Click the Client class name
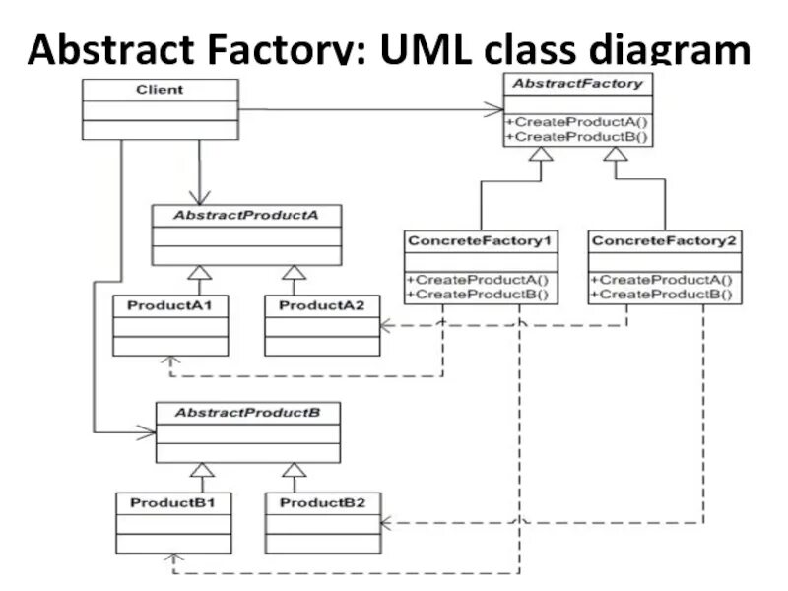pyautogui.click(x=160, y=90)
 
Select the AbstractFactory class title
pyautogui.click(x=577, y=84)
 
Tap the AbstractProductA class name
pyautogui.click(x=245, y=215)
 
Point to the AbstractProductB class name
pyautogui.click(x=247, y=413)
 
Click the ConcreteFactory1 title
pyautogui.click(x=480, y=240)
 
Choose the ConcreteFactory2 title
pyautogui.click(x=664, y=240)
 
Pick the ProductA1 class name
pyautogui.click(x=169, y=305)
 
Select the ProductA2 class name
pyautogui.click(x=322, y=305)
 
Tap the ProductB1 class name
pyautogui.click(x=173, y=503)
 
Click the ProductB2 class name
pyautogui.click(x=323, y=503)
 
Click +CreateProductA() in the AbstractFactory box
pyautogui.click(x=577, y=122)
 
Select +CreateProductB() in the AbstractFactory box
pyautogui.click(x=577, y=137)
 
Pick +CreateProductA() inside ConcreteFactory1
pyautogui.click(x=478, y=280)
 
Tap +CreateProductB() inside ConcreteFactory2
pyautogui.click(x=662, y=294)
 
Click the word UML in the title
pyautogui.click(x=426, y=48)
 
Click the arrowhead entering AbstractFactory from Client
pyautogui.click(x=494, y=109)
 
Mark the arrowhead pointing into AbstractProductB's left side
pyautogui.click(x=146, y=432)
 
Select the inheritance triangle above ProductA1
pyautogui.click(x=200, y=272)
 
